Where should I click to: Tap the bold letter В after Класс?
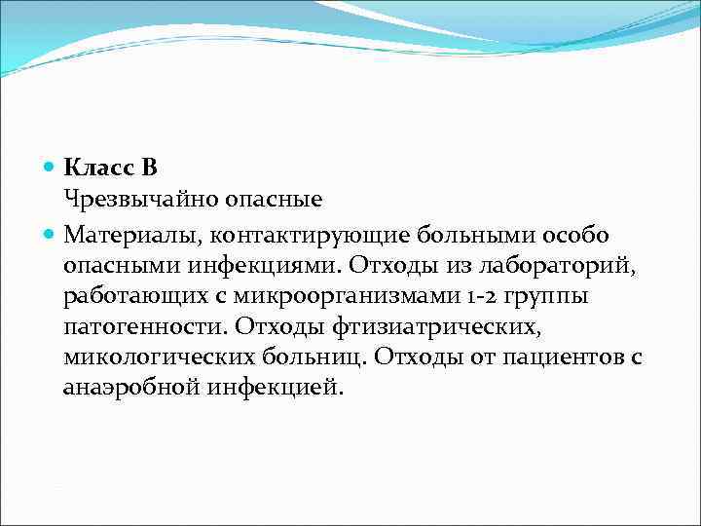point(148,169)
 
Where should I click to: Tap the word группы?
point(536,296)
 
